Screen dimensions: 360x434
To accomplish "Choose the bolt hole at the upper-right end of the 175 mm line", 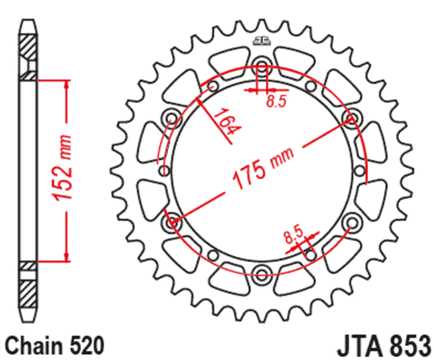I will point(350,119).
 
